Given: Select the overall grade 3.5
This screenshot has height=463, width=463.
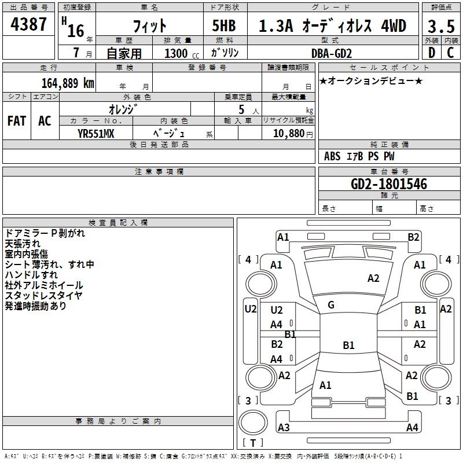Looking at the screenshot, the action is pos(440,26).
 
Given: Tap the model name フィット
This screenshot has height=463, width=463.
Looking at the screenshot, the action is pos(149,26).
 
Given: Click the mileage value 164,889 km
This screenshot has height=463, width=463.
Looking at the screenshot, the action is pos(68,83).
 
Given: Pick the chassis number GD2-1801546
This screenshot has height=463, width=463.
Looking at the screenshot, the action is pos(389,184).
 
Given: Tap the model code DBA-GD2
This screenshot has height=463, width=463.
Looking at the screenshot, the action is pos(332,53).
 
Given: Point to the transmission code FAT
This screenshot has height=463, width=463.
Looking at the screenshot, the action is pos(17,121).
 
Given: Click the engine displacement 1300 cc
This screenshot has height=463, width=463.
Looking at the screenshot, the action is pos(179,53).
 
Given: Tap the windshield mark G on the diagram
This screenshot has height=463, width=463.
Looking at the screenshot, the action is pos(331,305).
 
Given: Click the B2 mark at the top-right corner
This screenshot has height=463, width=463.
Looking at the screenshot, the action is pos(413,236).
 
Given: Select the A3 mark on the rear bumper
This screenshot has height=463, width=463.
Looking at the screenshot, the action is pos(284,428).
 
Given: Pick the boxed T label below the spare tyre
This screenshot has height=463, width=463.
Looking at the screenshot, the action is pos(252,443).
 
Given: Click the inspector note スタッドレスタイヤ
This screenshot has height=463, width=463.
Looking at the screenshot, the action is pos(43,295).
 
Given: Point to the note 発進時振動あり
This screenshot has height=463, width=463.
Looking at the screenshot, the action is pos(36,306).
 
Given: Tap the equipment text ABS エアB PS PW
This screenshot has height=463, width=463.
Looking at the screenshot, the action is pos(359,156).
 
